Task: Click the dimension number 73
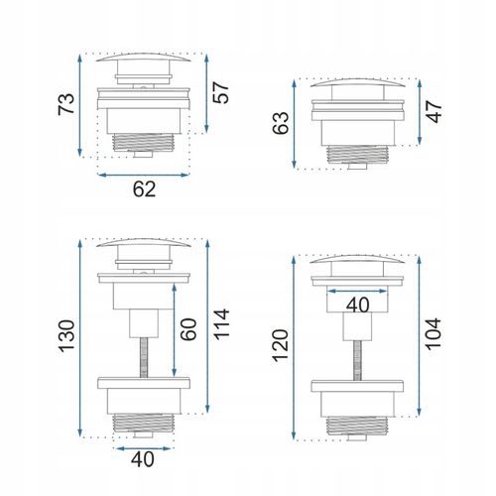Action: point(66,104)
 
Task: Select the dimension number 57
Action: point(220,92)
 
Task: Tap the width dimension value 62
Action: point(144,189)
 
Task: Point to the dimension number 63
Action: point(281,123)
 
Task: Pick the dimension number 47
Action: point(434,112)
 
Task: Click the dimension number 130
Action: point(66,336)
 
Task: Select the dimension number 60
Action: point(188,329)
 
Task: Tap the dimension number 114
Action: point(221,324)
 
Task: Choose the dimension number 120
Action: point(281,346)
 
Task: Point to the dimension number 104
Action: point(433,334)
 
